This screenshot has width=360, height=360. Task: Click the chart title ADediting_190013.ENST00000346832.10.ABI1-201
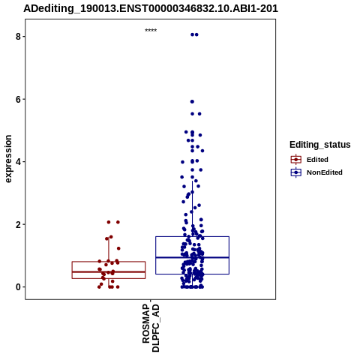coord(151,8)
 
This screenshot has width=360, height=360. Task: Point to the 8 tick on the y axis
coord(24,37)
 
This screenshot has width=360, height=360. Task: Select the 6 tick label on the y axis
coord(18,100)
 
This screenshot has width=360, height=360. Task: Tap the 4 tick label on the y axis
coord(18,162)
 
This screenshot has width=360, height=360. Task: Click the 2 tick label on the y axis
coord(18,224)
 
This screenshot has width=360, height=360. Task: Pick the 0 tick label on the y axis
coord(18,287)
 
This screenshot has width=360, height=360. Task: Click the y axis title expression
coord(8,159)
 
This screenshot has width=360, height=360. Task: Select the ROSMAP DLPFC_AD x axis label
coord(151,328)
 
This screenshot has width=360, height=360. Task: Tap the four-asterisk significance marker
coord(151,30)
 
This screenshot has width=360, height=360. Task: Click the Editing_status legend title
coord(320,145)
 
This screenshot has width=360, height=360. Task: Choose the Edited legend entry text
coord(317,160)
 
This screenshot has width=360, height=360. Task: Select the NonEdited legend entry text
coord(325,172)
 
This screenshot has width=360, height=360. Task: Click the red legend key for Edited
coord(296,160)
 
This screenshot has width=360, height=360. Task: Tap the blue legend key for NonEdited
coord(296,172)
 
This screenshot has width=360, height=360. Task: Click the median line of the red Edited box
coord(109,271)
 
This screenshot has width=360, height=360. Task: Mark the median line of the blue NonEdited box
coord(192,257)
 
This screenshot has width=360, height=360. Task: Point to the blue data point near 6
coord(192,101)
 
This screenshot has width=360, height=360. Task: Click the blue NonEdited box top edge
coord(192,236)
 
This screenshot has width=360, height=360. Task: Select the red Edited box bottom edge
coord(109,278)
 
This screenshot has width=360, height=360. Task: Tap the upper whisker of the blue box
coord(192,208)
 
